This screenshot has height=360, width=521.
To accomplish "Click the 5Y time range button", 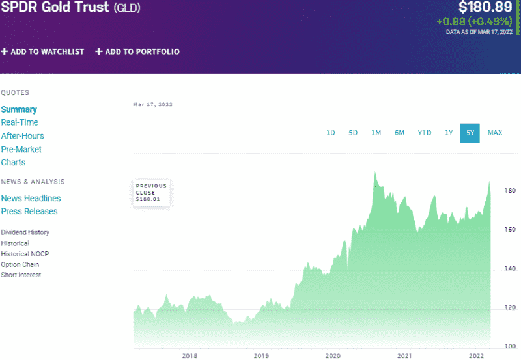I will coord(470,133).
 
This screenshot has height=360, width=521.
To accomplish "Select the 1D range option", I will coord(331,133).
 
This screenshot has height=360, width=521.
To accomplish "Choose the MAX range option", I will coord(495,133).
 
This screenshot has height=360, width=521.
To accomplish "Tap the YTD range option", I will coord(424,133).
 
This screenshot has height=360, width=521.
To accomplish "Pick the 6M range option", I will coord(399,133).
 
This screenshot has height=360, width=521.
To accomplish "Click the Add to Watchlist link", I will coord(43,51).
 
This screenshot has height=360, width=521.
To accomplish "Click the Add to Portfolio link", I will coord(137,51).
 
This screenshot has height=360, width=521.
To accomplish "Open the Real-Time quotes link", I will coord(20,122).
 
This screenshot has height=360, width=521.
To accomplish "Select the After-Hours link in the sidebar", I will coord(22,136).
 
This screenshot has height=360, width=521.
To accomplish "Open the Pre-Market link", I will coord(21,149).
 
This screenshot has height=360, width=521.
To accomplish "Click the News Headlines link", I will coord(31,198).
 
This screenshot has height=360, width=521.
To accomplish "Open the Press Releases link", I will coord(29,211).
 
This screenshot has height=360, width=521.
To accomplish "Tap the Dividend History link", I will coord(25,232).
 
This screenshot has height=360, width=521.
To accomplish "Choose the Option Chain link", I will coord(20,264).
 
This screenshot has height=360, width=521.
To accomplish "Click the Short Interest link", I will coord(21,275).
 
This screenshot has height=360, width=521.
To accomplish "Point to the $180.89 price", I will coord(485,8).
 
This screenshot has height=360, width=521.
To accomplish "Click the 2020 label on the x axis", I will coord(333,355).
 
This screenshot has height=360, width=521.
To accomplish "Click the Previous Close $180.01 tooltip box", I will coord(152,192).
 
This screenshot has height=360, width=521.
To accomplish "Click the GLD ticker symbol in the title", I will coord(127,8).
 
